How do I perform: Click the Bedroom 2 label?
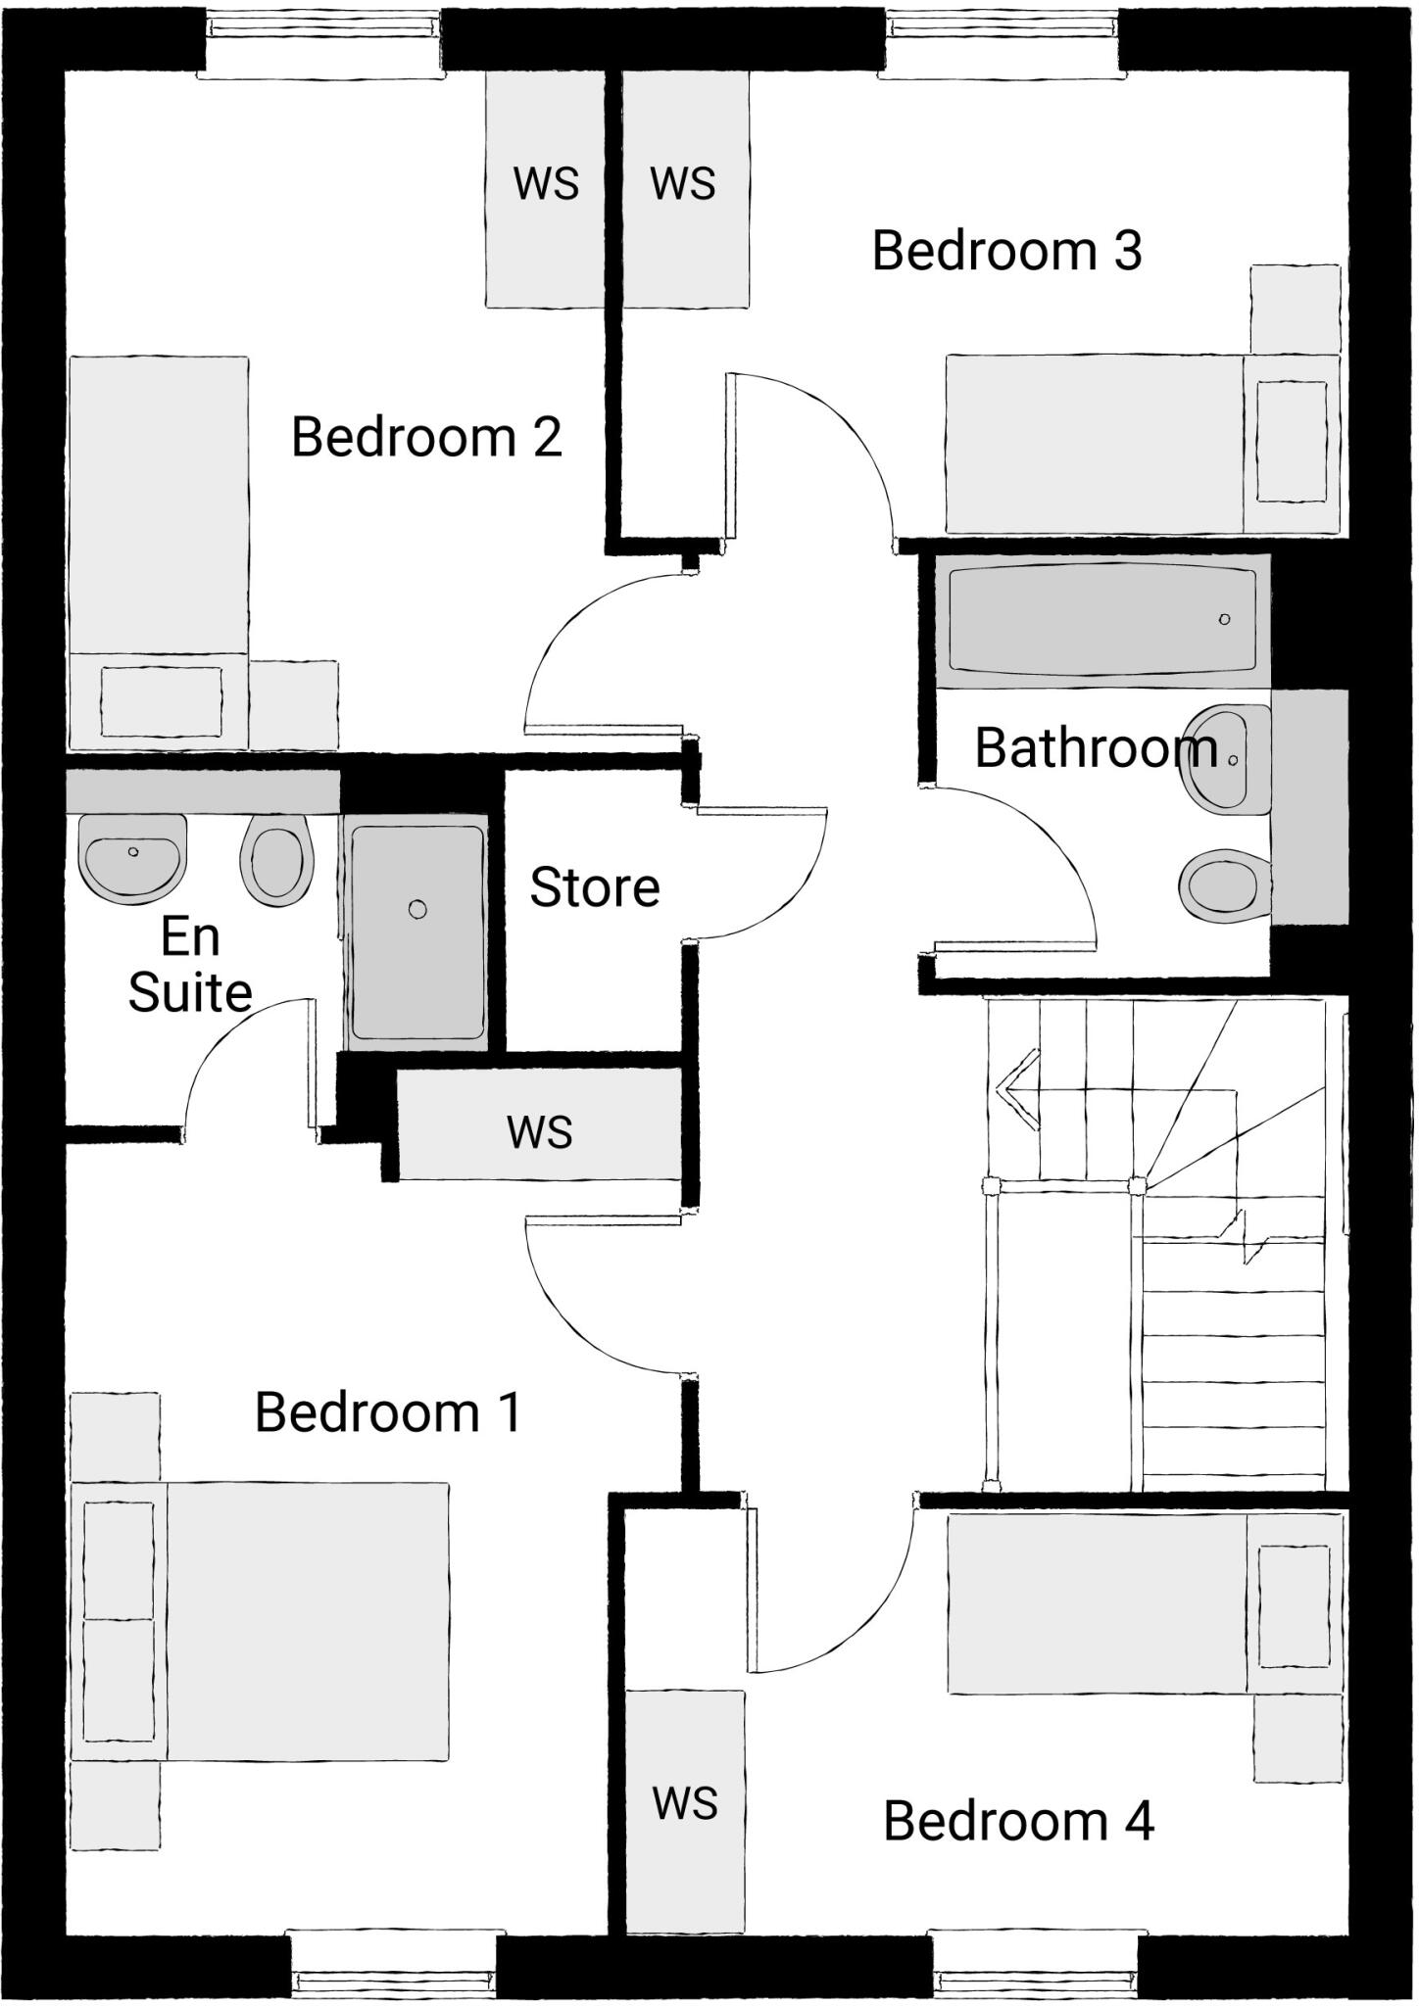[426, 437]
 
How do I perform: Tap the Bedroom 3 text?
[1006, 251]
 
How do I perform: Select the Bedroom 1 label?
[388, 1412]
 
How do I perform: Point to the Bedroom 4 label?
[1018, 1821]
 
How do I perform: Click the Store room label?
[595, 887]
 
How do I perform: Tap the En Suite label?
[190, 965]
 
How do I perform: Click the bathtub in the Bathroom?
[1102, 619]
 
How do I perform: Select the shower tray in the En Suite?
[417, 932]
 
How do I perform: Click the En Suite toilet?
[277, 860]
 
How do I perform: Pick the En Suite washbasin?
[132, 857]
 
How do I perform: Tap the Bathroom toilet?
[1221, 885]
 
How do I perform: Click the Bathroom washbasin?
[1219, 758]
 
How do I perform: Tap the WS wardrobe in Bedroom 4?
[685, 1803]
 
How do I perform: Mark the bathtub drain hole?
[1224, 619]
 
